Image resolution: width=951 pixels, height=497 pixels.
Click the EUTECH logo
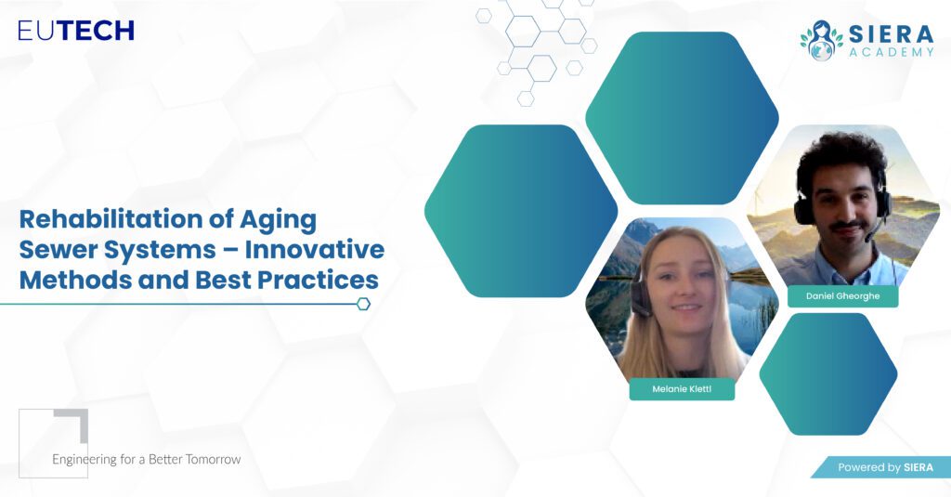76,31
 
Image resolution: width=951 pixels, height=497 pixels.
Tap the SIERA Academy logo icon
821,40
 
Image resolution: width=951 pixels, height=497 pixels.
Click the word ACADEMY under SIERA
892,52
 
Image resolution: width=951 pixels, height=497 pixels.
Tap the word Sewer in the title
56,249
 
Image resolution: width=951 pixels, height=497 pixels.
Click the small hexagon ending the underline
363,304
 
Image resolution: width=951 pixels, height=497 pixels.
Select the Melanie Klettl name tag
682,389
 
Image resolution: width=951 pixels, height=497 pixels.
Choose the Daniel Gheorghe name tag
842,296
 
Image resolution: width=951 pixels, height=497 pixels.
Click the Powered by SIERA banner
882,467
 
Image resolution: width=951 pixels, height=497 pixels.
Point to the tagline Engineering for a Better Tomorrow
146,459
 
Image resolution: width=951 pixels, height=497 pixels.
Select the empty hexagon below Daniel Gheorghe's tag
827,373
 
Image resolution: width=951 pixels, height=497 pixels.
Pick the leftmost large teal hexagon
521,211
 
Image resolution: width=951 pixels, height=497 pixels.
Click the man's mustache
845,226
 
